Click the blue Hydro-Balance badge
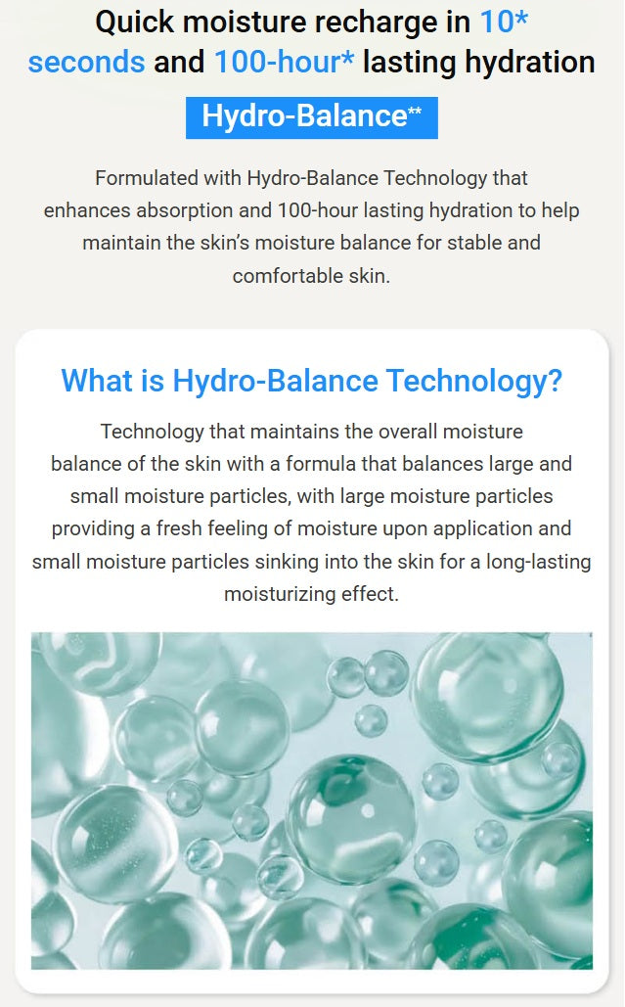[311, 116]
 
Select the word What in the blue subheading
[91, 381]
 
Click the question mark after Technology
[555, 381]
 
